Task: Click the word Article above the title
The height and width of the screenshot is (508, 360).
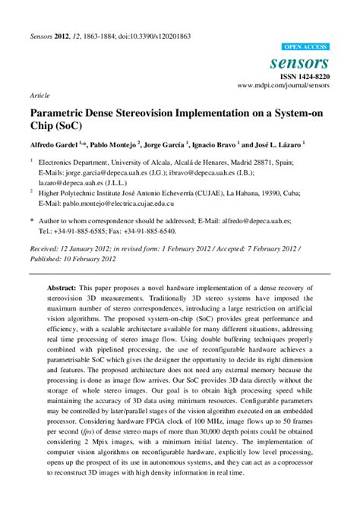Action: (41, 96)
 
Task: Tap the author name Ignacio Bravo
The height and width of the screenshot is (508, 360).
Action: (214, 143)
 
